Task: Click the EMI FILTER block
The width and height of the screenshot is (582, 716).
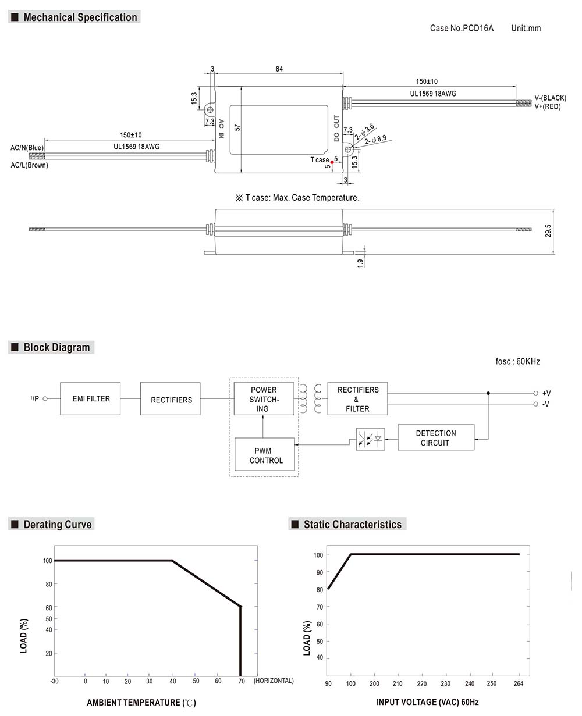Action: [x=90, y=398]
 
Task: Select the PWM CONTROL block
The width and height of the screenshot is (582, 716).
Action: [x=264, y=455]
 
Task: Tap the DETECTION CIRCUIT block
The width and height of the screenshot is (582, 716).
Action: [x=436, y=438]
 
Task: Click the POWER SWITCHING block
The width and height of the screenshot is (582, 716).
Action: [x=264, y=399]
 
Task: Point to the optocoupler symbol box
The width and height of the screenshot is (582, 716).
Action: [x=370, y=439]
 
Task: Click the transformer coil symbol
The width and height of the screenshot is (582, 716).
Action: [x=310, y=399]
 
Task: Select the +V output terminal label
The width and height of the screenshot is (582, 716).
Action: [x=545, y=393]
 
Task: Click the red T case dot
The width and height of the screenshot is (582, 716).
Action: [x=332, y=162]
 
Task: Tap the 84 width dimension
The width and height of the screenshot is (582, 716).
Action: [x=279, y=69]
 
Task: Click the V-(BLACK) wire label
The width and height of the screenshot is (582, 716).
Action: [x=550, y=98]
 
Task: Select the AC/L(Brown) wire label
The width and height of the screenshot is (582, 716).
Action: [x=29, y=165]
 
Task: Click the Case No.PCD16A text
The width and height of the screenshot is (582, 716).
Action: [x=462, y=28]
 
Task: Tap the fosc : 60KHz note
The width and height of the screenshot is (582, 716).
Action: [x=517, y=362]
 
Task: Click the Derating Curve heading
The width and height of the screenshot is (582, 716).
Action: [x=57, y=525]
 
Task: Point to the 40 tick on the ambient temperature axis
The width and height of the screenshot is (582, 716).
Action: [x=172, y=681]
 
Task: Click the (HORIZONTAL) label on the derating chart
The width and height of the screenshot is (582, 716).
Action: [x=274, y=681]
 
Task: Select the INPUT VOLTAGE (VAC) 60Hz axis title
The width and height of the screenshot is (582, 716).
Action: [x=427, y=703]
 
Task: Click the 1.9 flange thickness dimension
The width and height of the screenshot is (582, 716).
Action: [x=360, y=263]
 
